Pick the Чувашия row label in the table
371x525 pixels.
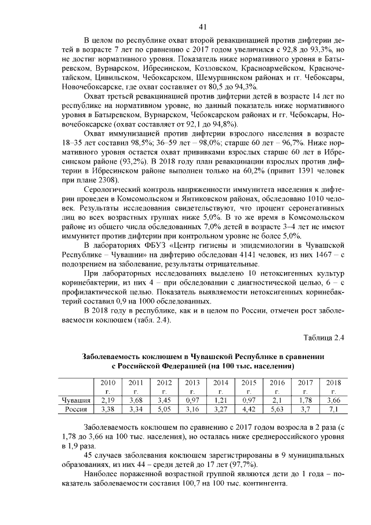point(77,400)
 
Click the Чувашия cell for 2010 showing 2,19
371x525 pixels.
point(108,400)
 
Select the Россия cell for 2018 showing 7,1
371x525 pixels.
point(333,410)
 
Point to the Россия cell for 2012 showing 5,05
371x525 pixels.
point(164,410)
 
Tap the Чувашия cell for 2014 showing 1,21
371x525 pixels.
point(221,400)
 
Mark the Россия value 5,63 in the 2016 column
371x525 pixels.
point(277,410)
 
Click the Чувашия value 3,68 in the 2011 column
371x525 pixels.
point(136,400)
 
